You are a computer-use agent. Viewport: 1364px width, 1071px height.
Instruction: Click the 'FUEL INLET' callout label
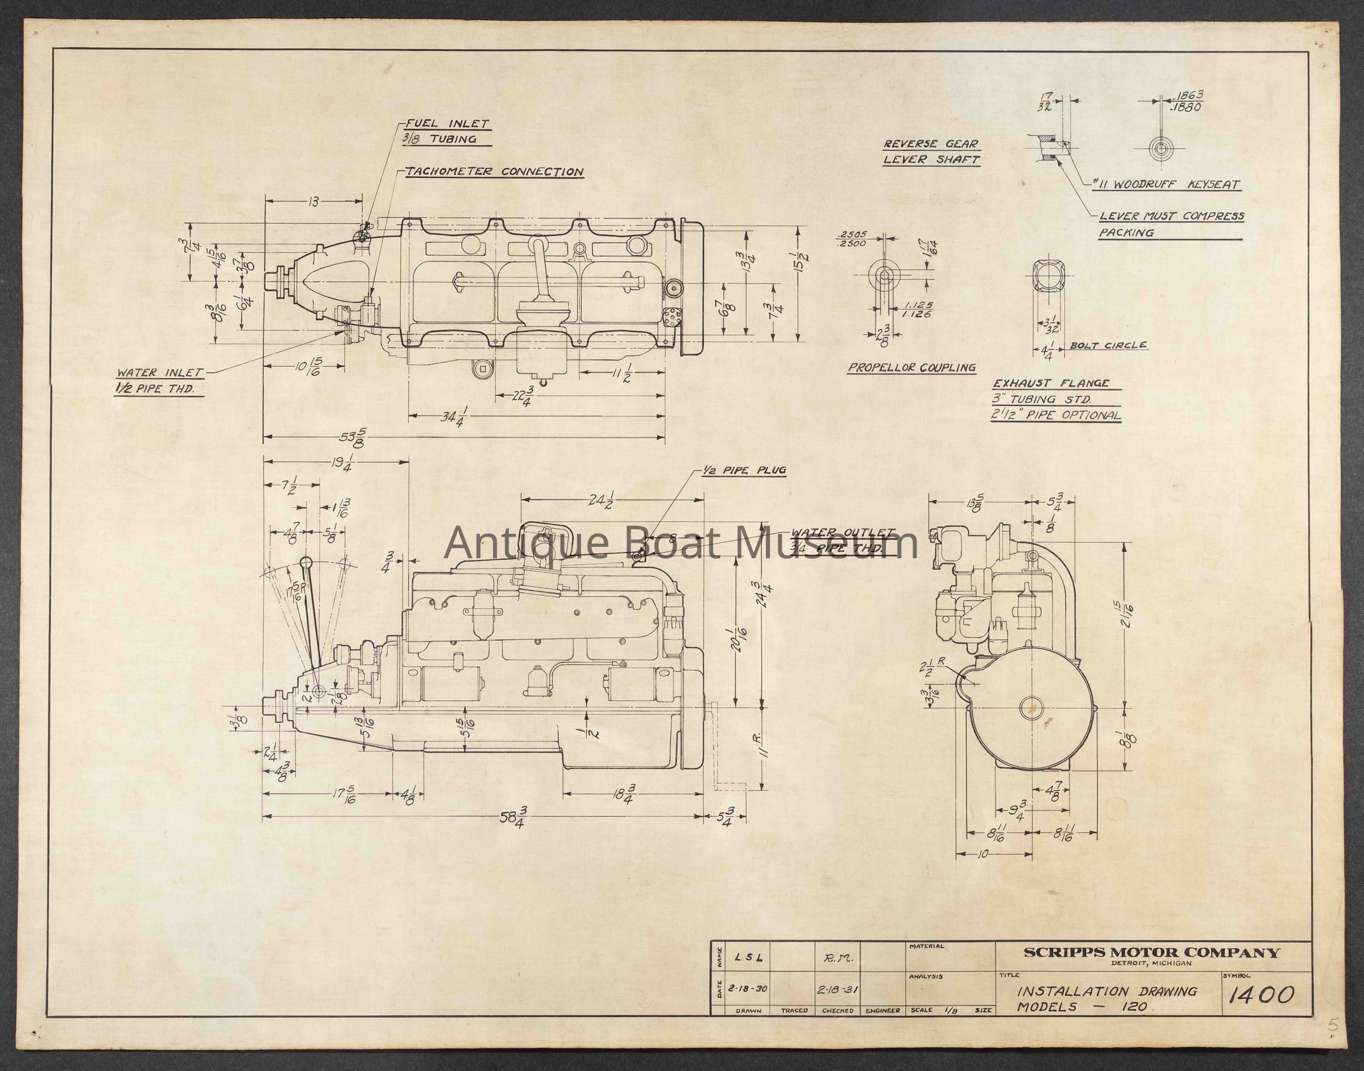coord(447,124)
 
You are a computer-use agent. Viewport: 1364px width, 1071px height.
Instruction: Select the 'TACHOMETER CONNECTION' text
coord(494,172)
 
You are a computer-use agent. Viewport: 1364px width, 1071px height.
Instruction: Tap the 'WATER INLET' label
coord(159,372)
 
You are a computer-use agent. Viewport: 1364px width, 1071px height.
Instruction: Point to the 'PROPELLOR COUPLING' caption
coord(912,368)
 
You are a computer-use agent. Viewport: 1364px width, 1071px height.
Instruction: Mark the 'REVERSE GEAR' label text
coord(931,144)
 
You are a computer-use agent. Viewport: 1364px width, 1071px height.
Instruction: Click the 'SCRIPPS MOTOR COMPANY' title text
coord(1151,953)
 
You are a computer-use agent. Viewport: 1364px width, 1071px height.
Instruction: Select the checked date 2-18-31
coord(837,989)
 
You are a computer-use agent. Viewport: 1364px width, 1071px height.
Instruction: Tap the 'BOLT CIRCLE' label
coord(1108,346)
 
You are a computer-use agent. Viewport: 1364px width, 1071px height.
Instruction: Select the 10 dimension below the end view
coord(982,854)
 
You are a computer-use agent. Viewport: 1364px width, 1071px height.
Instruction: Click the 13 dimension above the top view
coord(313,202)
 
